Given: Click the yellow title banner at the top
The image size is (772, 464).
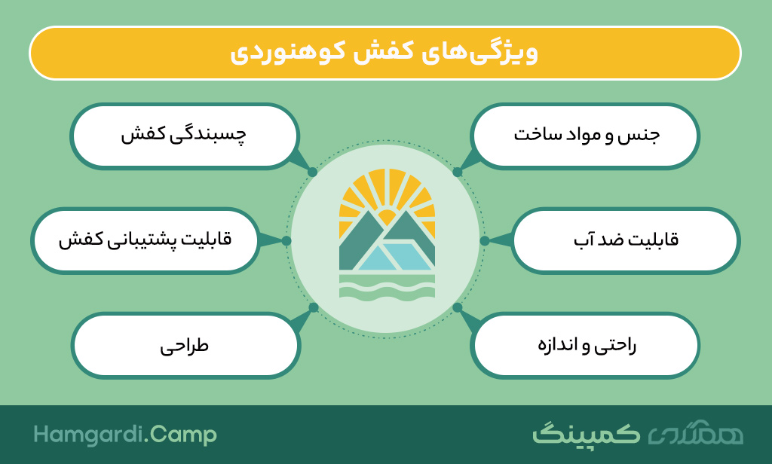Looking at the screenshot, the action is click(385, 53).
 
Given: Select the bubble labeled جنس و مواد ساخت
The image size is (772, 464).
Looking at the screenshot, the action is click(585, 136).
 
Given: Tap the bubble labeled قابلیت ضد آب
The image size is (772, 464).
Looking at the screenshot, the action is click(625, 240).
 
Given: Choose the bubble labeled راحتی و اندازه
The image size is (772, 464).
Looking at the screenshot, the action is click(585, 346).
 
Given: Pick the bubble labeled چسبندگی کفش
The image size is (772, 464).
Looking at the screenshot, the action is click(185, 136).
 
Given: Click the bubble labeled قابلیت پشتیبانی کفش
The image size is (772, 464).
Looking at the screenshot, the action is click(146, 240).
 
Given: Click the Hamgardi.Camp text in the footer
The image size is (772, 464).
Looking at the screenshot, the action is click(125, 435).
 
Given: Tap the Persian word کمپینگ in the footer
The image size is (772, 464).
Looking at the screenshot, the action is click(586, 434).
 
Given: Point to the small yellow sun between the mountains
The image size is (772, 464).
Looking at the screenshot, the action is click(387, 217).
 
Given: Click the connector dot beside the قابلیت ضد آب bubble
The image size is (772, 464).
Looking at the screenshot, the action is click(485, 240).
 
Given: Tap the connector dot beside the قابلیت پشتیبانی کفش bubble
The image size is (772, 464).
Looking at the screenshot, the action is click(286, 240).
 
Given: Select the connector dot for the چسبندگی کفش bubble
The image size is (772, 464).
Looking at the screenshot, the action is click(312, 172).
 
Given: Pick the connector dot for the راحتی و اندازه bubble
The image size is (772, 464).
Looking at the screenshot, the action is click(458, 307).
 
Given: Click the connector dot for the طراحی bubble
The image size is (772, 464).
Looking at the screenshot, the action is click(313, 307).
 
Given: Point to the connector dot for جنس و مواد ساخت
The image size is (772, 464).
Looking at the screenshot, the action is click(458, 172).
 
